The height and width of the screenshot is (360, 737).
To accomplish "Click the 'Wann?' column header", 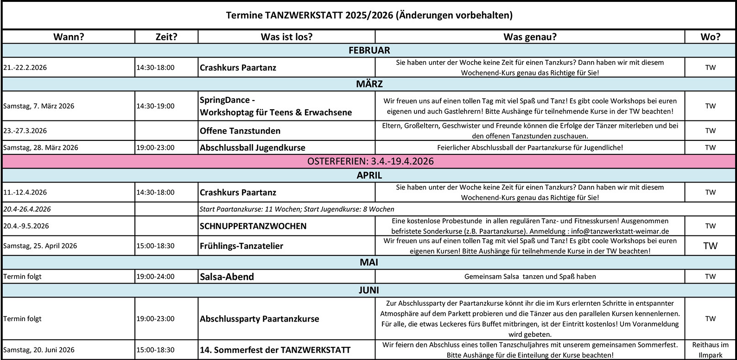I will point(69,37).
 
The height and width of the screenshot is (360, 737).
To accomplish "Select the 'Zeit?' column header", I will point(166,37).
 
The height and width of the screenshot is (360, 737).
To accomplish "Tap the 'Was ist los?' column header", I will point(286,37).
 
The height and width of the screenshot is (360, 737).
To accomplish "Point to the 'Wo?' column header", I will point(710,37).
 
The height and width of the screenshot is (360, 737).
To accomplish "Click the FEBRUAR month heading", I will point(369,50).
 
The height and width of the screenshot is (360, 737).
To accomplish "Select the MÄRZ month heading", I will point(369,84).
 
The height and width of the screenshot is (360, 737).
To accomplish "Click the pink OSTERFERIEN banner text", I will point(370,161).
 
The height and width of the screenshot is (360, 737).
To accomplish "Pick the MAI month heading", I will point(369,262).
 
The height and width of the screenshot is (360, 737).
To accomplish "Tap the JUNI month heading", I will point(369,291).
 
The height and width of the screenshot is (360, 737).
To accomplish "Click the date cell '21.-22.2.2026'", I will point(25,68).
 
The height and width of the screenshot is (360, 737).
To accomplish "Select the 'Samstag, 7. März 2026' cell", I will point(39,106).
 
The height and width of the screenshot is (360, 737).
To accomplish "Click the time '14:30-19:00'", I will point(155,106).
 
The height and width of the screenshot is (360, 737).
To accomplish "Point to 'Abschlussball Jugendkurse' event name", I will point(252,148).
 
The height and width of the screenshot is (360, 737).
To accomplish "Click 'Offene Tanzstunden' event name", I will point(240,131).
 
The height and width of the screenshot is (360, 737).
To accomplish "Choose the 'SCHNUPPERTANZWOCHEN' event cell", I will point(253,226).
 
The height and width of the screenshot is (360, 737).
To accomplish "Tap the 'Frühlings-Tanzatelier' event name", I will point(241,246).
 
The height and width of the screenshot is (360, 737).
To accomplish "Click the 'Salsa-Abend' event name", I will point(227,277).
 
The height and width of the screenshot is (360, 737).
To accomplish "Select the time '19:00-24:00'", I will point(155,277).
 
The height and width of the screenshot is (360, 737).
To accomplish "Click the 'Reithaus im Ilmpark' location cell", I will point(710,350).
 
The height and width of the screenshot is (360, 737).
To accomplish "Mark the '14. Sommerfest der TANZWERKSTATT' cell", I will point(275,350).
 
